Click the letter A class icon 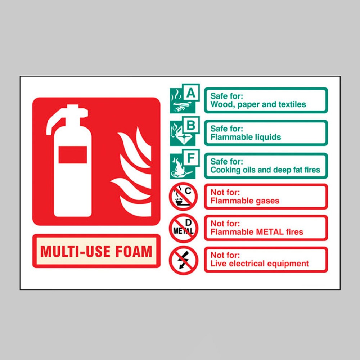click(x=185, y=98)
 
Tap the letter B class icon click(x=185, y=131)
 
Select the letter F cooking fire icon click(x=185, y=164)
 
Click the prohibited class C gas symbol click(x=183, y=196)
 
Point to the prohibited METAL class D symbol click(x=183, y=228)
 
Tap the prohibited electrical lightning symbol click(x=183, y=260)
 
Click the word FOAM click(x=134, y=251)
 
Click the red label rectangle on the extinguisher click(x=73, y=155)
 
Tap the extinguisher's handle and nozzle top click(x=67, y=118)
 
